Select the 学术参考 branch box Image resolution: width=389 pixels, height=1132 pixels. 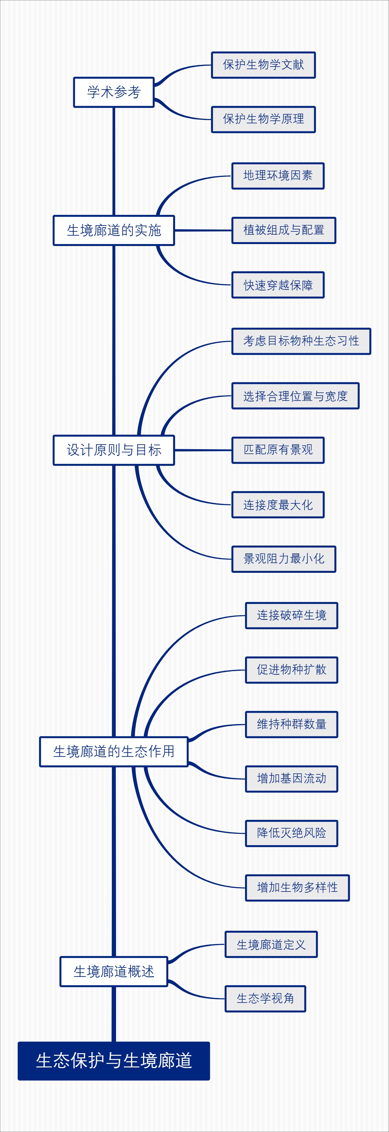point(114,92)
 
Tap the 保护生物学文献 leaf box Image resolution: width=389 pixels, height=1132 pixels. point(264,65)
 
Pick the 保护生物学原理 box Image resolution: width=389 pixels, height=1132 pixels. point(264,119)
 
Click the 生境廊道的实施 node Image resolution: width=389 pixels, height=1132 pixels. point(114,230)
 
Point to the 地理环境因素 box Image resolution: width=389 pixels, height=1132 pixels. point(278,176)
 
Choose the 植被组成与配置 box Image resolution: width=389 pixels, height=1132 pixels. point(284,230)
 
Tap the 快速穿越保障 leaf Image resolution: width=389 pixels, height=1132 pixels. point(278,285)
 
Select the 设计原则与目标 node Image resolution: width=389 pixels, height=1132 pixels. point(114,450)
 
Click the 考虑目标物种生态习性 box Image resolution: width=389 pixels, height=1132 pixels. point(301,341)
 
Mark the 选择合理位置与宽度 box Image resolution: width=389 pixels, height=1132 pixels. point(296,396)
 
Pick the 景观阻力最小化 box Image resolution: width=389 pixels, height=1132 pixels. point(284,559)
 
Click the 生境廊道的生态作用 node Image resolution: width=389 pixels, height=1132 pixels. point(114,751)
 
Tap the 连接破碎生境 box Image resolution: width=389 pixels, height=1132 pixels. point(291,615)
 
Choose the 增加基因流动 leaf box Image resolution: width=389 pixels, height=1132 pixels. point(291,779)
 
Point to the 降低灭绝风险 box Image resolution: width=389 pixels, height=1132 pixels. point(291,833)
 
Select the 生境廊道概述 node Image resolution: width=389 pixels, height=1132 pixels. point(114,971)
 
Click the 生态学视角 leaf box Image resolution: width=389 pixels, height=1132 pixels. point(265,998)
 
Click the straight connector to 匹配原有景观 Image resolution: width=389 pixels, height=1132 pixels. point(203,450)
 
